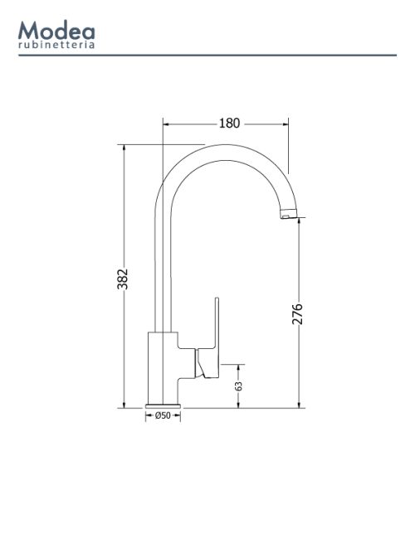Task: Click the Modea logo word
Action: pos(56,30)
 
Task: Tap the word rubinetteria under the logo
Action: pos(56,45)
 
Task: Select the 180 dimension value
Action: pos(230,123)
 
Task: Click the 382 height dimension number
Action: pos(122,279)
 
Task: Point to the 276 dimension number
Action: pos(297,313)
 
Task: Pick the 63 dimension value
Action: pos(239,386)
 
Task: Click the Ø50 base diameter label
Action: pos(163,415)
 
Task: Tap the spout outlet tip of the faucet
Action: pos(289,214)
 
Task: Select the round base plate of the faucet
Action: pos(163,406)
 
